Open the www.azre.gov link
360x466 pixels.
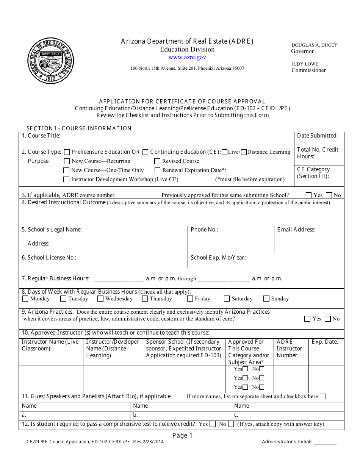point(187,57)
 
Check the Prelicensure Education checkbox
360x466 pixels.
point(67,152)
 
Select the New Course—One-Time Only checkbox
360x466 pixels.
point(67,170)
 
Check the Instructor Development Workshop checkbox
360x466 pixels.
point(67,180)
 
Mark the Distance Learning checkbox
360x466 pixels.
point(244,152)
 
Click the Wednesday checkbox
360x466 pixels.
point(100,299)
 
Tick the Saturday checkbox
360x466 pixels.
point(227,299)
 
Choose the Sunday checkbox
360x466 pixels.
point(266,299)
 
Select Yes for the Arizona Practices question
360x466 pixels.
point(307,319)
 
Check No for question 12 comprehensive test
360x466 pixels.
point(231,424)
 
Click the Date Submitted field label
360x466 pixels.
point(317,136)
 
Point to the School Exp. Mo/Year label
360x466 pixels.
point(218,258)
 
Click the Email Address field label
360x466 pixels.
point(296,230)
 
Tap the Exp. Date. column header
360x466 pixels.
point(324,342)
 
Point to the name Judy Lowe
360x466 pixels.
point(305,64)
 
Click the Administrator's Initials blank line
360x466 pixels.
point(325,442)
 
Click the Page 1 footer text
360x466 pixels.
point(182,436)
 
